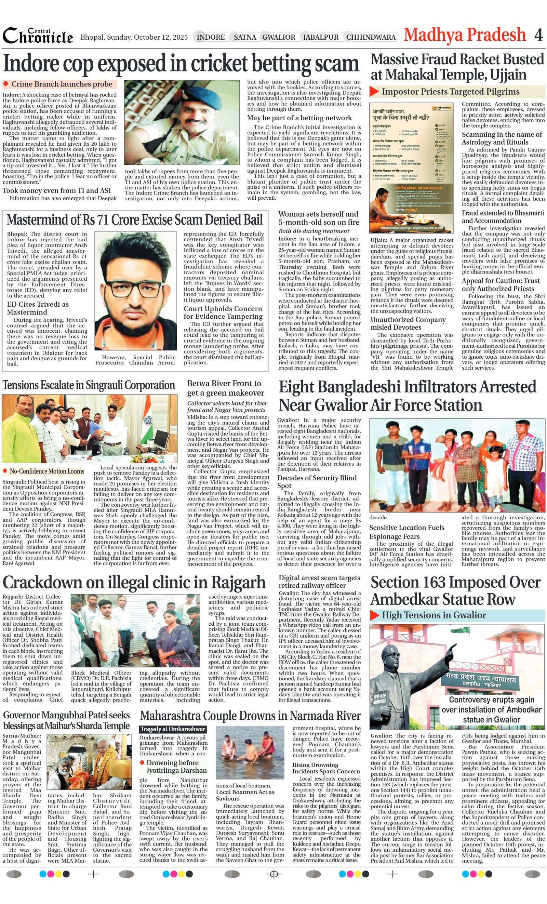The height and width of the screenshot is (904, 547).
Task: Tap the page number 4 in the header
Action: pyautogui.click(x=538, y=35)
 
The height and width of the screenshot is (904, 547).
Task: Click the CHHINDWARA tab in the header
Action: pyautogui.click(x=371, y=37)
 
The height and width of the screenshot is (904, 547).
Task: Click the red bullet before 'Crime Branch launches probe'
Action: pyautogui.click(x=5, y=84)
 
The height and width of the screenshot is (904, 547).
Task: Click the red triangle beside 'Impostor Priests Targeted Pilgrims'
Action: pyautogui.click(x=374, y=91)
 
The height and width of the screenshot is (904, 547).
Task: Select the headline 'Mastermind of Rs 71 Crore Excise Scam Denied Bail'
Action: pyautogui.click(x=135, y=220)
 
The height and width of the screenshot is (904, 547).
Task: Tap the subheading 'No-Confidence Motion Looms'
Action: pyautogui.click(x=46, y=471)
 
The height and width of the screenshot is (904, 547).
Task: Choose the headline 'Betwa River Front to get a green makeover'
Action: pyautogui.click(x=225, y=388)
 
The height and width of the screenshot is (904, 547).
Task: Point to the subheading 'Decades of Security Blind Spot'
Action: pyautogui.click(x=317, y=481)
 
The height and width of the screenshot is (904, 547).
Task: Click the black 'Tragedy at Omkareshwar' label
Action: pyautogui.click(x=173, y=729)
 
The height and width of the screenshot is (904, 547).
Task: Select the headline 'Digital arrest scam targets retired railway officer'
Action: pyautogui.click(x=319, y=582)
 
